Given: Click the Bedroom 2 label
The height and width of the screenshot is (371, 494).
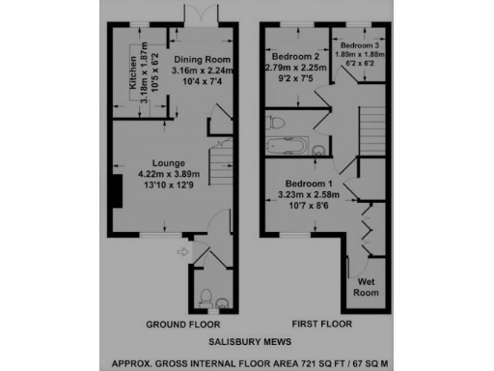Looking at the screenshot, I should click(296, 57).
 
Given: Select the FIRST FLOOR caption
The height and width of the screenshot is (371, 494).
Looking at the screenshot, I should click(321, 323).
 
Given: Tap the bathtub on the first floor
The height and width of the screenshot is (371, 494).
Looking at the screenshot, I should click(287, 148).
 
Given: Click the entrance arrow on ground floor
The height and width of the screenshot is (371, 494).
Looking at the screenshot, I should click(184, 253).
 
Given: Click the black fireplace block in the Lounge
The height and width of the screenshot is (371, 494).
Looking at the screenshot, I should click(115, 188).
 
